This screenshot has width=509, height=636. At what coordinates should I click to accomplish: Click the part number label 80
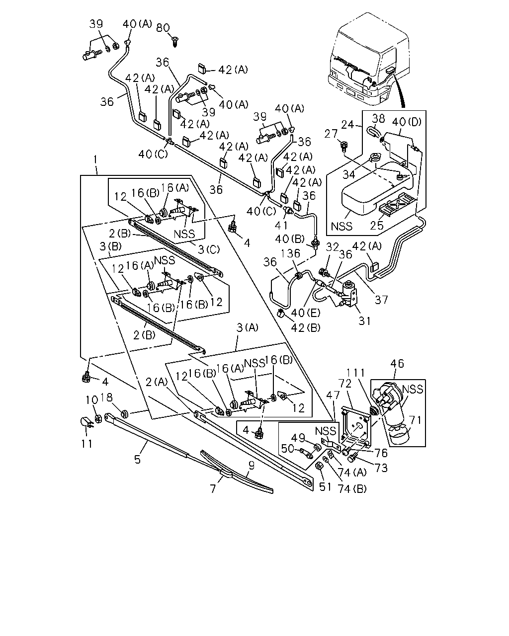coord(163,28)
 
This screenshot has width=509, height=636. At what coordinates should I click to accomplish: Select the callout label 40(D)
coord(407,122)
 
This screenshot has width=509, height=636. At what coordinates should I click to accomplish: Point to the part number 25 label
coord(377,226)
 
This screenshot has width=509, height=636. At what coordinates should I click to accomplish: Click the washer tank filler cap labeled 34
coord(376,157)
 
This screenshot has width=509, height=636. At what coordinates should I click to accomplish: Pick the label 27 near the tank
coord(331,134)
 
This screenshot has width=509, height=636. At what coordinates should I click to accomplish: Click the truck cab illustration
coord(369,59)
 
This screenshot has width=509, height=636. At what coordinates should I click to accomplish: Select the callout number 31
coord(364,321)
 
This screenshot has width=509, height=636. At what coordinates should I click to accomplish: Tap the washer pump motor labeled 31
coord(348,294)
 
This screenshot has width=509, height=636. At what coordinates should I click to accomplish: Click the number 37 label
coord(381,300)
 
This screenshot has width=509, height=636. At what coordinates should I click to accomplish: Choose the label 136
coord(290,253)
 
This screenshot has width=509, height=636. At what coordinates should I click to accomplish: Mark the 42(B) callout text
coord(306,327)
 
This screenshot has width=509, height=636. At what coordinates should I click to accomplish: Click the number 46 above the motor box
coord(397,363)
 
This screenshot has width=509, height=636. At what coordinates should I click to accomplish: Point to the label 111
coord(356,373)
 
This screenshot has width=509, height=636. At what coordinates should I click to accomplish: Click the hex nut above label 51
coord(319,466)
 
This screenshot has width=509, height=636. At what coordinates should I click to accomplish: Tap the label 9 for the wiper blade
coord(252,466)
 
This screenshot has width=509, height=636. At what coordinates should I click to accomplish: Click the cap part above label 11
coord(86,422)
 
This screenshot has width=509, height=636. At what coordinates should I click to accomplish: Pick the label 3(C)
coord(209,249)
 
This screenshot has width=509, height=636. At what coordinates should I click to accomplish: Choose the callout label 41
coord(281,226)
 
